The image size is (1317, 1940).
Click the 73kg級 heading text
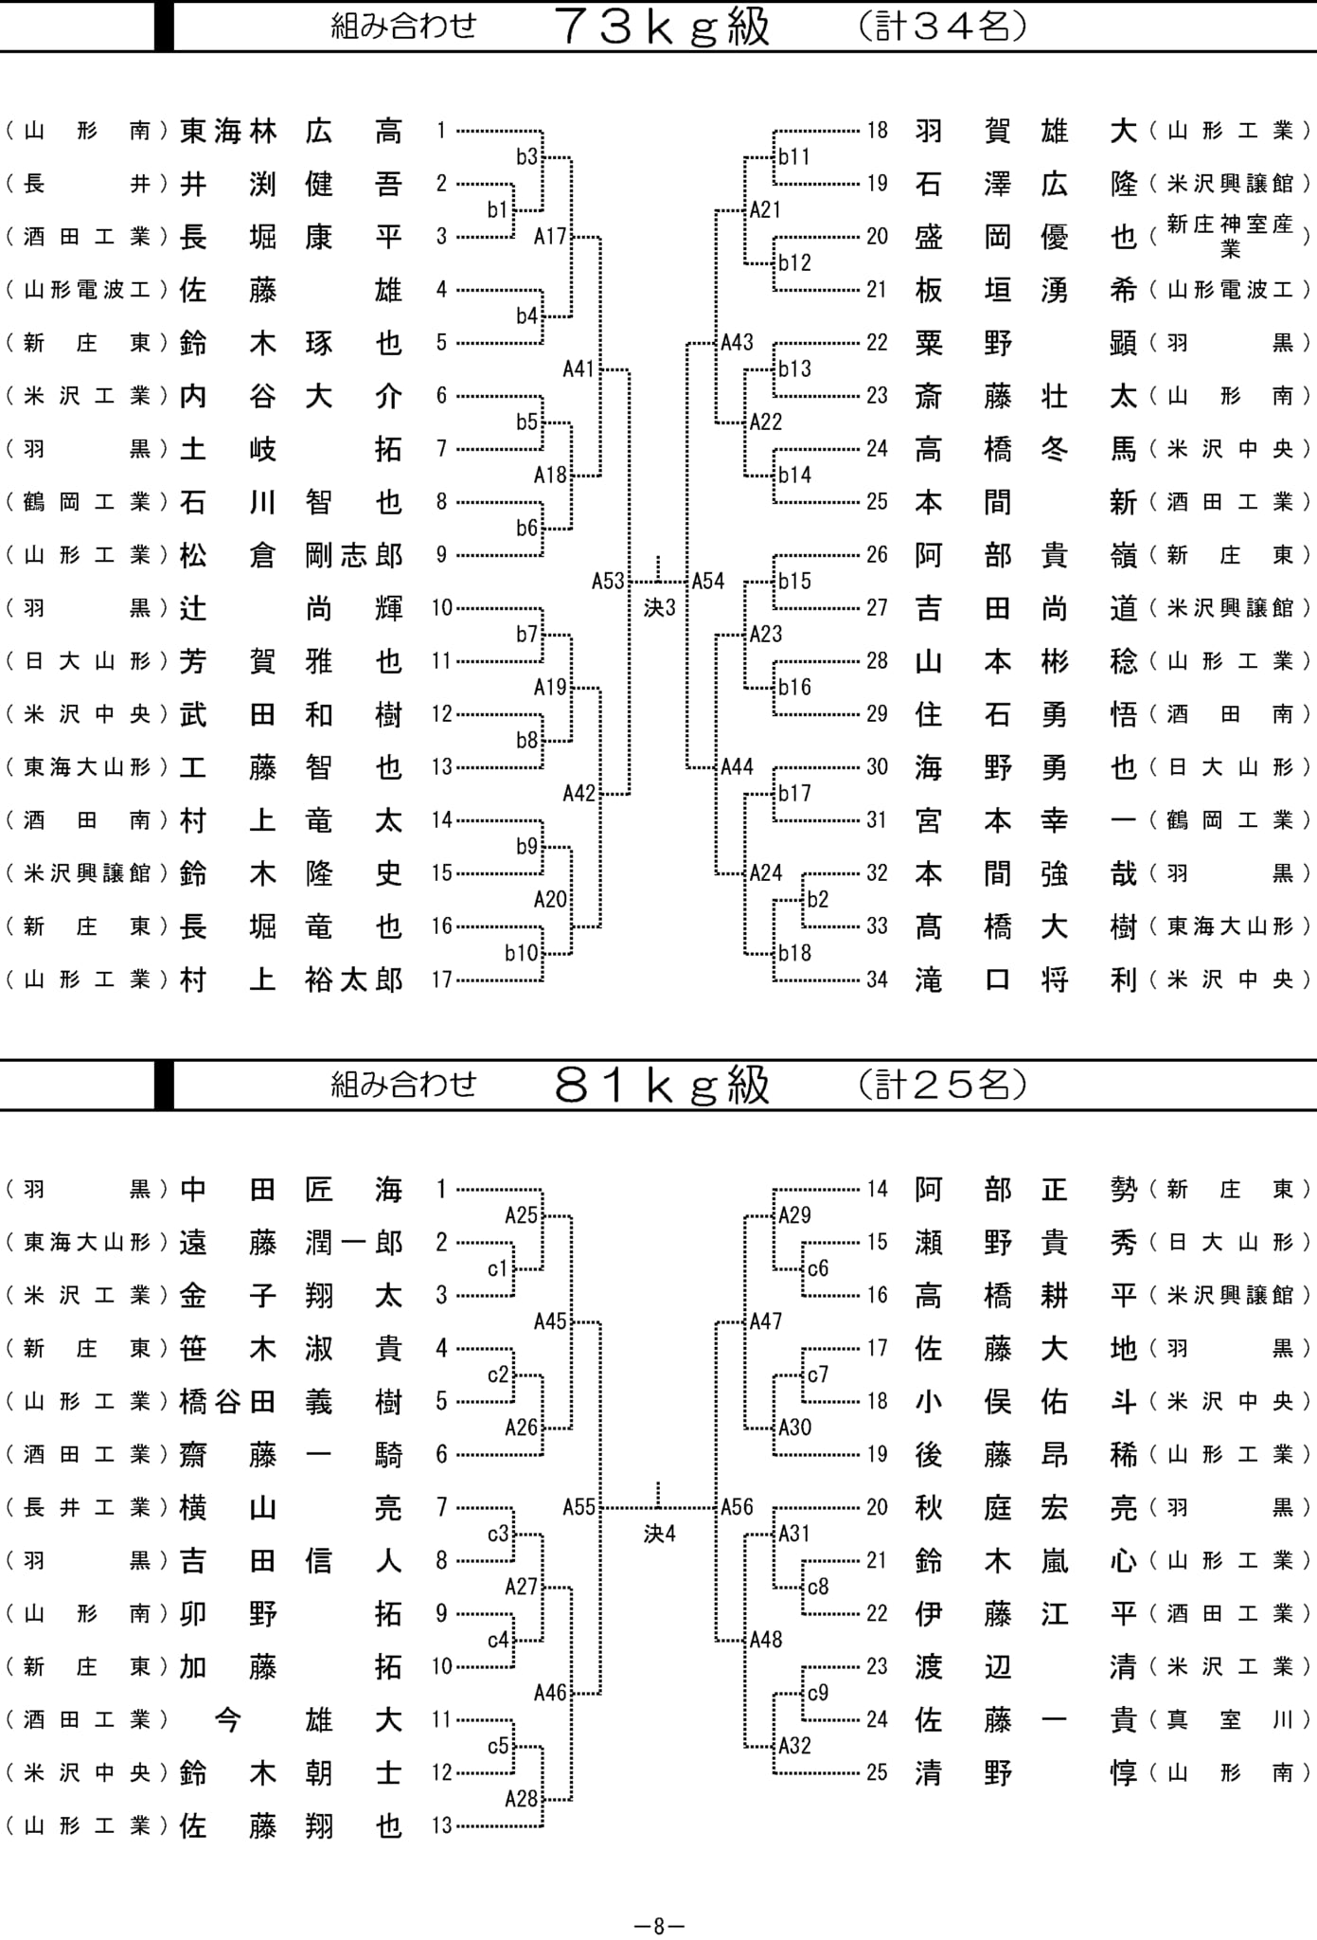(x=663, y=27)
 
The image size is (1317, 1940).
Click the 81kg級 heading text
(x=663, y=1085)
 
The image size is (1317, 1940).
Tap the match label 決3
(x=660, y=608)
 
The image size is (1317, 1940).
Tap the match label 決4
(x=660, y=1534)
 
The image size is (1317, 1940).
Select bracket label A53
(x=608, y=581)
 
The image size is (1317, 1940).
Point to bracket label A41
(x=578, y=368)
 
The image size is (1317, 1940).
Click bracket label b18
(x=794, y=952)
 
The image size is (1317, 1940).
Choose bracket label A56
(x=737, y=1506)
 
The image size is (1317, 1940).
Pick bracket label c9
(x=818, y=1692)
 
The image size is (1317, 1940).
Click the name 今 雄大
(x=309, y=1719)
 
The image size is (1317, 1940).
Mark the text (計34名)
(x=943, y=27)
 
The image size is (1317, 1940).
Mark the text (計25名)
(x=943, y=1085)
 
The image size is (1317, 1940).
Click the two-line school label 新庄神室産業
(x=1230, y=236)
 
